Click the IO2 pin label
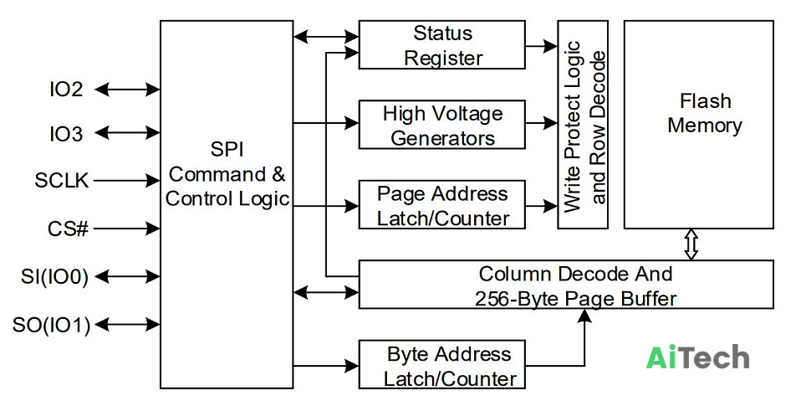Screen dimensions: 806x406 [66, 90]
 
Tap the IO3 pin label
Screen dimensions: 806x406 [66, 134]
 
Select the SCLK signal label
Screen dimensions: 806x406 [62, 181]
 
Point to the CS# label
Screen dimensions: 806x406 [68, 229]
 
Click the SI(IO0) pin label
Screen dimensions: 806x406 [54, 277]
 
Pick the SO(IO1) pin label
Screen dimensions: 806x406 [51, 325]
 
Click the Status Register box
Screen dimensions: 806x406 [442, 44]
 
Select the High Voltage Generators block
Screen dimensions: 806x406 [442, 125]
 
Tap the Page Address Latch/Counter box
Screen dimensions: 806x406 [442, 205]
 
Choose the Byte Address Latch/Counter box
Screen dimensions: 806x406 [442, 364]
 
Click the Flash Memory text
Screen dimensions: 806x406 [705, 113]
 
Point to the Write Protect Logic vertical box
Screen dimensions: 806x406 [583, 125]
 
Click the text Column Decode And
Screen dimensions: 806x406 [575, 274]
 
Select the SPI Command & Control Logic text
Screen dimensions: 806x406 [227, 174]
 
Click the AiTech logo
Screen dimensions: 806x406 [697, 357]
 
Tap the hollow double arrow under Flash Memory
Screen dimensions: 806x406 [691, 244]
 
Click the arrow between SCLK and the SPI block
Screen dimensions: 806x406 [126, 181]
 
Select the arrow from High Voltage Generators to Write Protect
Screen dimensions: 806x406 [542, 123]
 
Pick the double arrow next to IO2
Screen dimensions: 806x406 [127, 90]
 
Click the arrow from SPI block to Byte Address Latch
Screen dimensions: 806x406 [326, 366]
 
